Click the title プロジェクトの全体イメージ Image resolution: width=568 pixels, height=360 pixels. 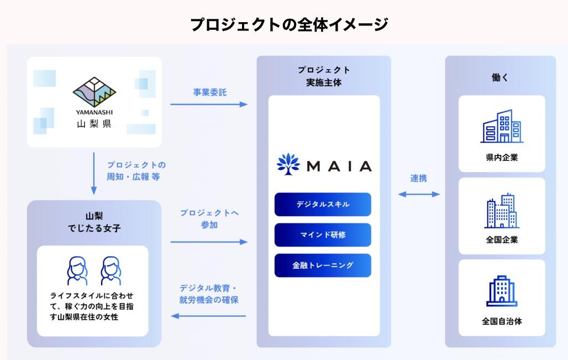coord(289,25)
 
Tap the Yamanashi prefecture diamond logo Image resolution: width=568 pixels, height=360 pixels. coord(94,92)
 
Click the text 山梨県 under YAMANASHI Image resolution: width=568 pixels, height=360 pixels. coord(94,124)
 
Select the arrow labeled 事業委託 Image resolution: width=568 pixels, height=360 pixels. coord(209,105)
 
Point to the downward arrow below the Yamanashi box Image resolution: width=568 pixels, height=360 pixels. coord(94,173)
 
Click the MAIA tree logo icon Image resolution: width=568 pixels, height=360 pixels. coord(288,164)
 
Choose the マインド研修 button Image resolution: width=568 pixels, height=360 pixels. coord(323,235)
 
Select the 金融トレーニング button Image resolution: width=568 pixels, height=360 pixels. coord(323,265)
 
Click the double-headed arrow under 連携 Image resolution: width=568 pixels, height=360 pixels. coord(419,194)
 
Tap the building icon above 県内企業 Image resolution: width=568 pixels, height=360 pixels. coord(502,126)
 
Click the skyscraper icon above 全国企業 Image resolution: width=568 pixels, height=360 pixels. coord(502,211)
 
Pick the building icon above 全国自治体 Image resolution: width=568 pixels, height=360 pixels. coord(502,291)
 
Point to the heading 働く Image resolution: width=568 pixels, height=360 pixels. coord(500,77)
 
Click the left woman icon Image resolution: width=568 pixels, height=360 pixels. coord(77,271)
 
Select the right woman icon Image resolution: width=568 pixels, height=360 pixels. coord(111,271)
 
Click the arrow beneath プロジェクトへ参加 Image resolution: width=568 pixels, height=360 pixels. coord(209,242)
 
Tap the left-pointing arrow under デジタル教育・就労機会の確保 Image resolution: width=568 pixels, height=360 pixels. coord(208,316)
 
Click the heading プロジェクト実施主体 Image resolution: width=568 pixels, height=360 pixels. coord(324,76)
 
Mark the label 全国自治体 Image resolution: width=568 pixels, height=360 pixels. coord(502,321)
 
